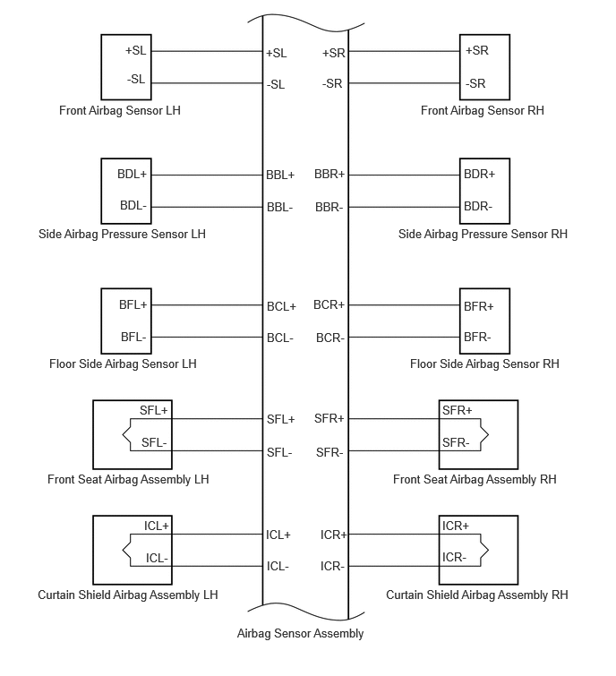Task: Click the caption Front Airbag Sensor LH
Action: pyautogui.click(x=120, y=110)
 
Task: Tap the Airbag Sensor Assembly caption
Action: pyautogui.click(x=301, y=633)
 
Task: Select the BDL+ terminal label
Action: pyautogui.click(x=132, y=175)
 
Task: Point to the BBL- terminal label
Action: pyautogui.click(x=279, y=208)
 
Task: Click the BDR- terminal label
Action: pyautogui.click(x=478, y=207)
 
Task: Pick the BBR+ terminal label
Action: pyautogui.click(x=329, y=175)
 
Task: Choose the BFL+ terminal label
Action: pyautogui.click(x=133, y=304)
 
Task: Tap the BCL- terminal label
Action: pyautogui.click(x=280, y=338)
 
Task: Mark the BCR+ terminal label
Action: pyautogui.click(x=329, y=304)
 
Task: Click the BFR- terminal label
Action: pyautogui.click(x=477, y=337)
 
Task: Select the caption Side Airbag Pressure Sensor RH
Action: pyautogui.click(x=483, y=234)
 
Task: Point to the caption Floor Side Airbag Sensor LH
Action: pyautogui.click(x=123, y=364)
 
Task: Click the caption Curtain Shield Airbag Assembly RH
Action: pyautogui.click(x=477, y=595)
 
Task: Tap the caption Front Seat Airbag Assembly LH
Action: pyautogui.click(x=128, y=479)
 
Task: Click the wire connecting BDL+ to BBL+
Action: pyautogui.click(x=207, y=175)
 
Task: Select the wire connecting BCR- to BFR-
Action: pyautogui.click(x=404, y=338)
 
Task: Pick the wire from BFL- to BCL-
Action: pyautogui.click(x=207, y=338)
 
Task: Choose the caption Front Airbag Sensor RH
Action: pyautogui.click(x=483, y=110)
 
